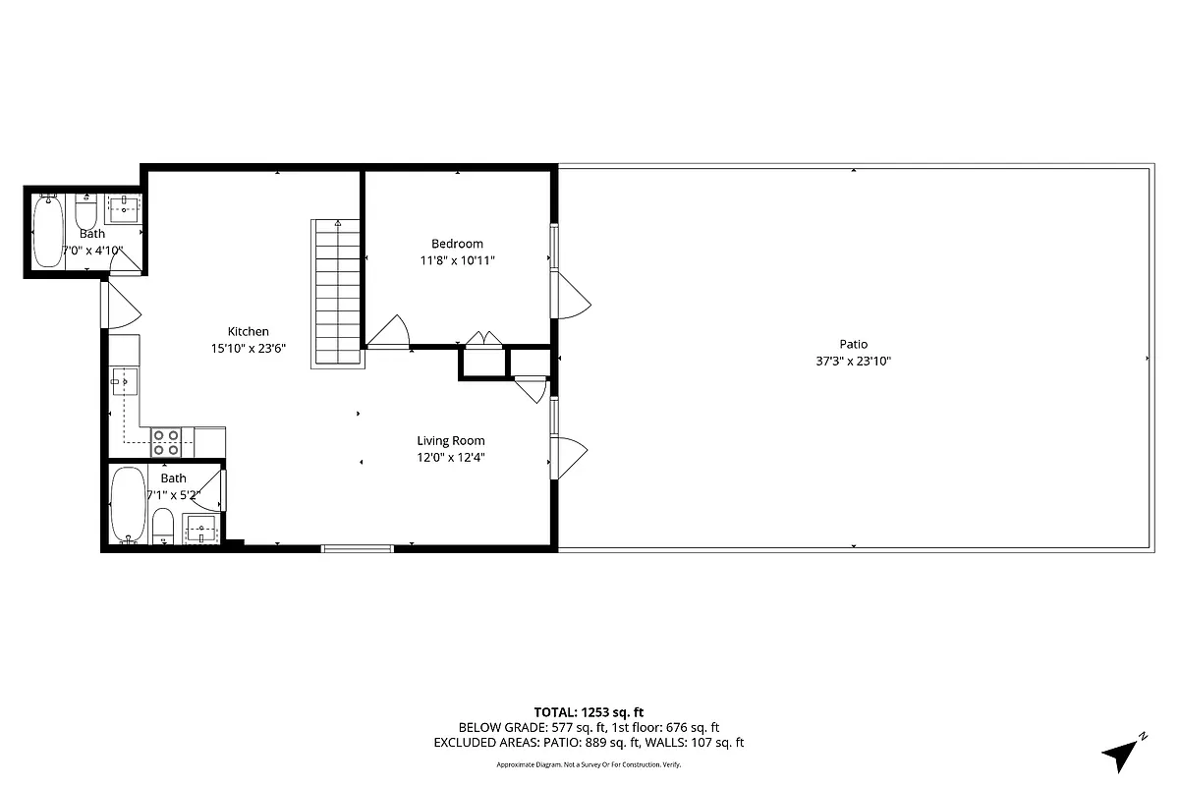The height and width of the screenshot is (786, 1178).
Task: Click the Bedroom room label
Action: pos(457,244)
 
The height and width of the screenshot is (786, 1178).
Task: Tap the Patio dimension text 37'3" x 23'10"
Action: pos(853,361)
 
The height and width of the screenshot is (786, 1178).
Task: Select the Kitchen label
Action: pos(248,331)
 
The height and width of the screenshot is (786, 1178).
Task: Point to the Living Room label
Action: pos(450,440)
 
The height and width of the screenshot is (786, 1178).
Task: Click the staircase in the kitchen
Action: pos(337,294)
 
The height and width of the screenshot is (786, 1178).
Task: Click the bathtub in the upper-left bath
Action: pos(47,232)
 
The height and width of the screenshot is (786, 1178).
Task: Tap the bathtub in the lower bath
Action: pos(127,505)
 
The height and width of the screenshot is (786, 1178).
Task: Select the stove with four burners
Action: pos(165,441)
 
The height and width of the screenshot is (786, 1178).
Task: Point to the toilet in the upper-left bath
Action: pos(85,212)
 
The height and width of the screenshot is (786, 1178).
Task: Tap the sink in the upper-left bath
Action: pos(125,207)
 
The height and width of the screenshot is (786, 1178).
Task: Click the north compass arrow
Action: pos(1122,752)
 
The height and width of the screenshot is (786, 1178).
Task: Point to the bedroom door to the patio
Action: pos(572,295)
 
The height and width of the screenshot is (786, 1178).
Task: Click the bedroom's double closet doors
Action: pos(482,340)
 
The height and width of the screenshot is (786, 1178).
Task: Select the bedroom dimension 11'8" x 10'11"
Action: pos(457,260)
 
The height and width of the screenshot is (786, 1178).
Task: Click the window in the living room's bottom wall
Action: pos(358,547)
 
